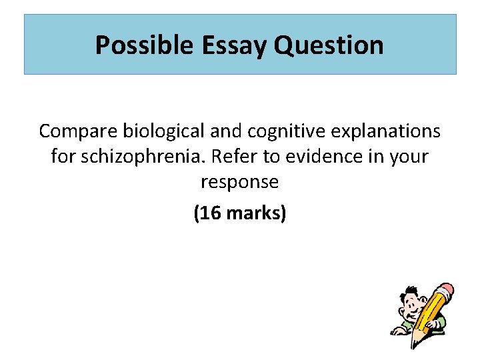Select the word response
[x=239, y=182]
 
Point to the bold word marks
[x=256, y=214]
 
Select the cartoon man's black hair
[x=411, y=291]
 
